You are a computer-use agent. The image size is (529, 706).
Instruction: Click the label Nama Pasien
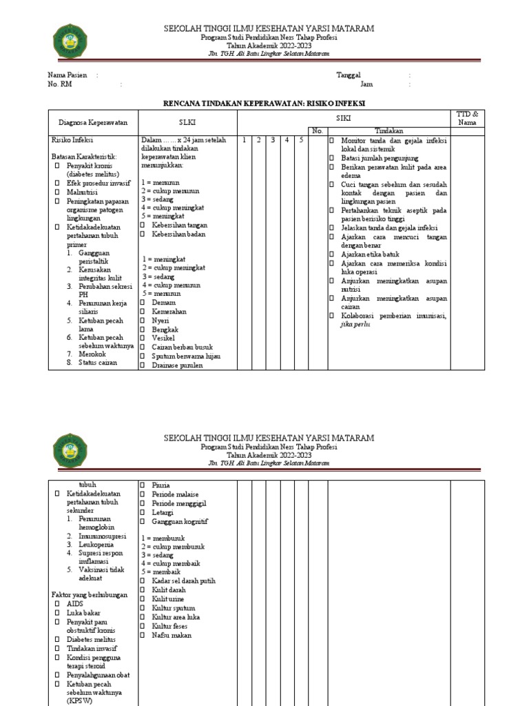point(68,75)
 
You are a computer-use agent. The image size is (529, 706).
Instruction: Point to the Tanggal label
point(348,75)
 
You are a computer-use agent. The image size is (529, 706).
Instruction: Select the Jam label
point(366,85)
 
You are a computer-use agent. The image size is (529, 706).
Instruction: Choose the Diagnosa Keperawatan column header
point(93,122)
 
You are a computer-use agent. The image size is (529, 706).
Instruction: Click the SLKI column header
point(187,122)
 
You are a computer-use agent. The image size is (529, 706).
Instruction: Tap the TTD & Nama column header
point(468,118)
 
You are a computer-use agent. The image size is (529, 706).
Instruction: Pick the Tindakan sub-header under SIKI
point(388,130)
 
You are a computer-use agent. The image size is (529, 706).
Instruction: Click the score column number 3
point(272,140)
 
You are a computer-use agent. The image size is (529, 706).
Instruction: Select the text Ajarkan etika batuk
point(373,254)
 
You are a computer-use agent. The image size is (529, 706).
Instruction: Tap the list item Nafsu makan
point(172,635)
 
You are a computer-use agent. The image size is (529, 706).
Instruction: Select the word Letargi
point(163,512)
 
